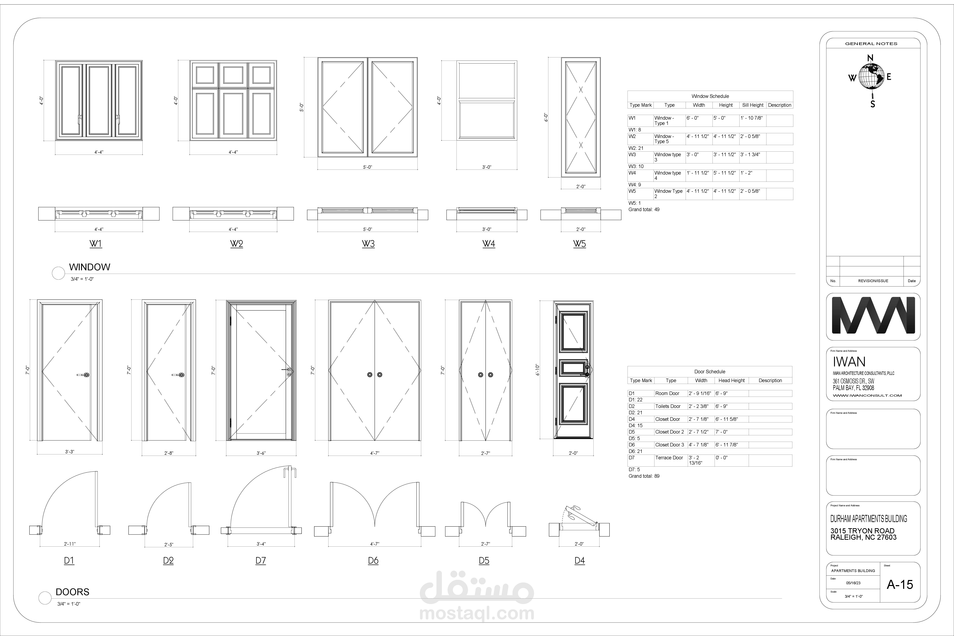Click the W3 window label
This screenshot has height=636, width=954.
coord(368,244)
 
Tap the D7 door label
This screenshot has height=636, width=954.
coord(260,561)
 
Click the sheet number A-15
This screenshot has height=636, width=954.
coord(900,584)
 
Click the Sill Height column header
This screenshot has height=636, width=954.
coord(752,105)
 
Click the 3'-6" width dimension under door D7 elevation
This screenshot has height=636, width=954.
coord(261,453)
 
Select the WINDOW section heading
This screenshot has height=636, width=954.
coord(90,267)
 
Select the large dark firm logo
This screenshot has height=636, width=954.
coord(873,315)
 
